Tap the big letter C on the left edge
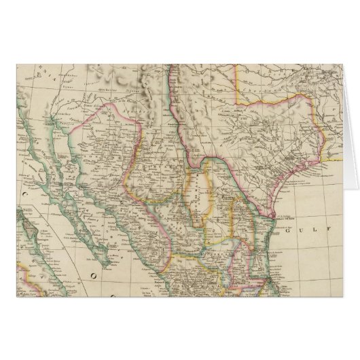click(x=8, y=202)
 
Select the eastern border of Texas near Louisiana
click(x=317, y=136)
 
